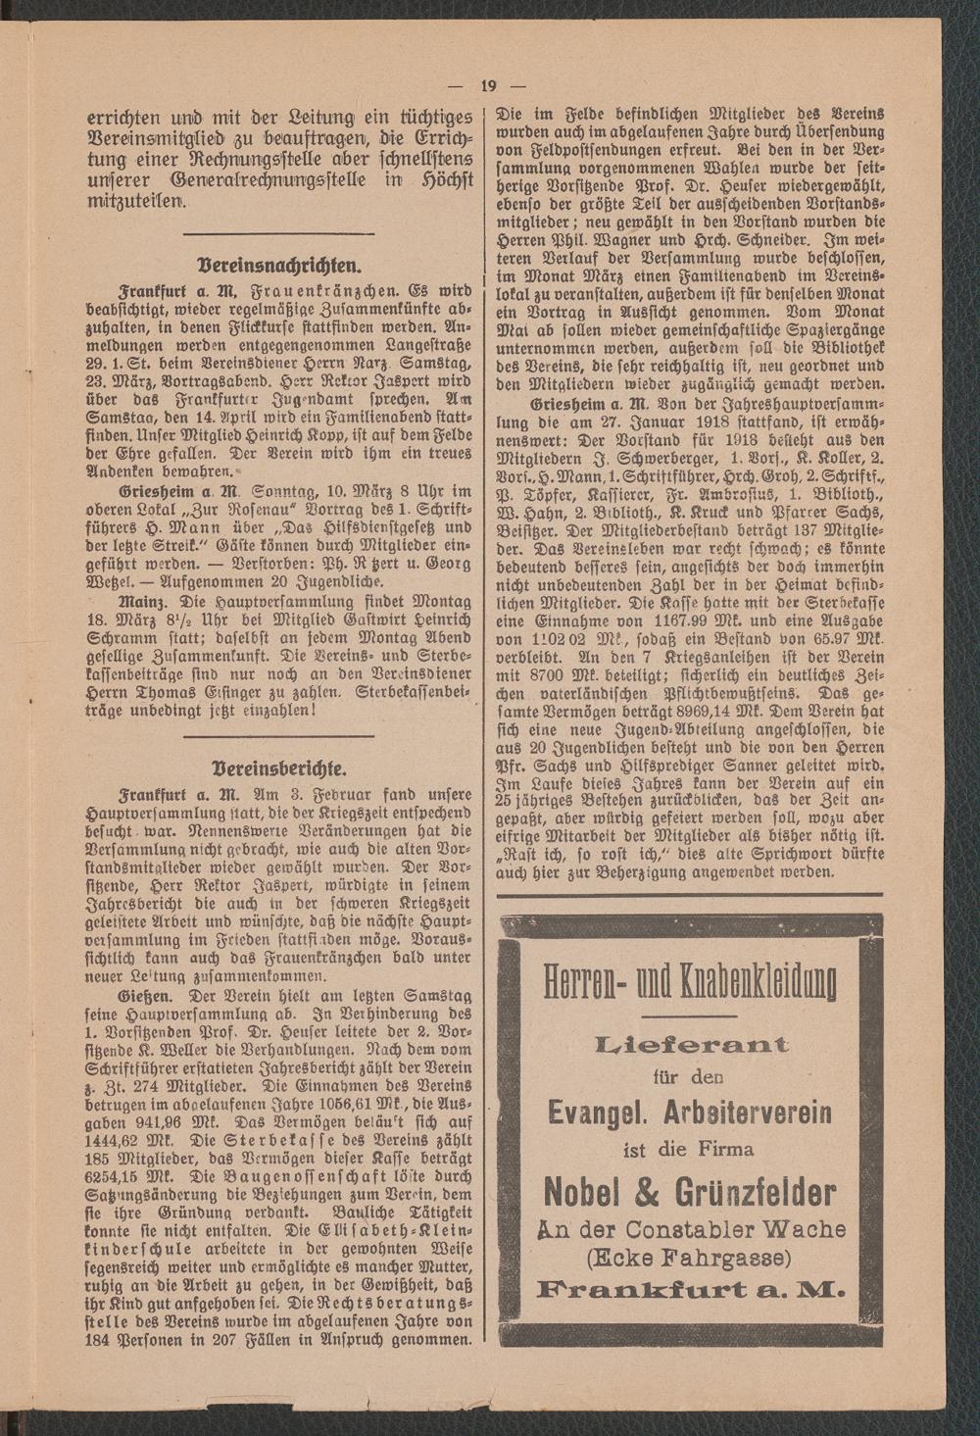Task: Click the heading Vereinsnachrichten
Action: (x=278, y=264)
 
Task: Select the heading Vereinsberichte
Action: (x=278, y=765)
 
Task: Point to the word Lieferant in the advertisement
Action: (x=691, y=1044)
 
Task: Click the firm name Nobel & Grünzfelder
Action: (x=690, y=1192)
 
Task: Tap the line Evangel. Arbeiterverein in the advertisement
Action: (x=690, y=1112)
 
